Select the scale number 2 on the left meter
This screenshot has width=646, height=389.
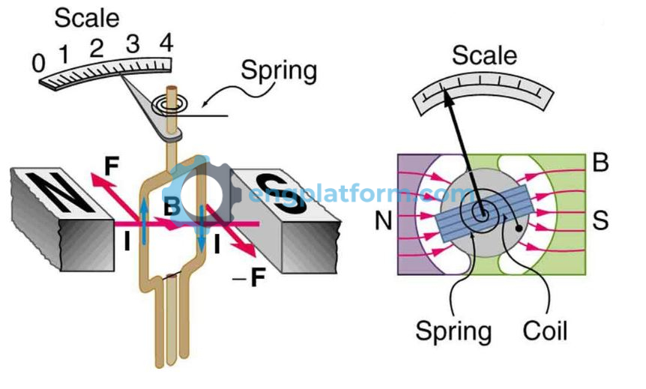(x=96, y=50)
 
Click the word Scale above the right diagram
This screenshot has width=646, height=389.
(x=484, y=55)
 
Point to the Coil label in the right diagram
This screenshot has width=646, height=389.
(x=545, y=330)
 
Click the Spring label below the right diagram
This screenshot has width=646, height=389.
(x=454, y=331)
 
